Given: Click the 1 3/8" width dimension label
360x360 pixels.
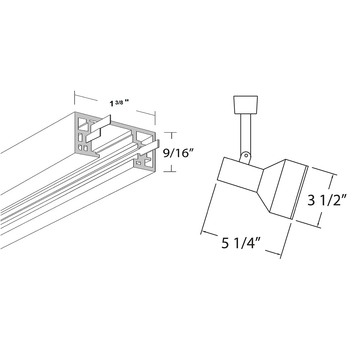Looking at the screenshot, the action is coord(119,103).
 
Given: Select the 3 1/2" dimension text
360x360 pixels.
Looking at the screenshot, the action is coord(327,200).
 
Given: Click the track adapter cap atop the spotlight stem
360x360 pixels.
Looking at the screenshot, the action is coord(245,105).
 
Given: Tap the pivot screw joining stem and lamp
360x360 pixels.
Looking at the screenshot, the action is coord(246,156).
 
